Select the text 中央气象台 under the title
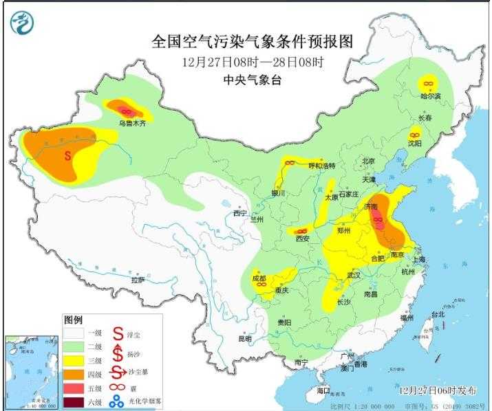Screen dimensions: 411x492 252,80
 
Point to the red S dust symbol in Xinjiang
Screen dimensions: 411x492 67,155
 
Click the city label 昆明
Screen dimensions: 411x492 245,339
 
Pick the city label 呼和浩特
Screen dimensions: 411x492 321,166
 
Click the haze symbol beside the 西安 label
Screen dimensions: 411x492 301,231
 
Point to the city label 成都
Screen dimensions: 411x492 259,279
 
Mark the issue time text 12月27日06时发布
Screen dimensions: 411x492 438,390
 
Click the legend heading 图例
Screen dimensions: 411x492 73,320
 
